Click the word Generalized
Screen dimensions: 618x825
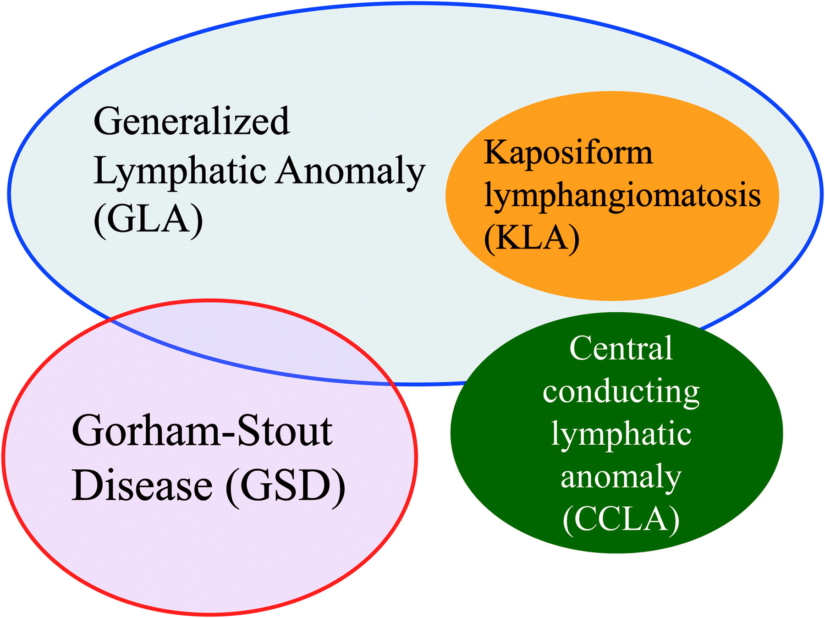(192, 121)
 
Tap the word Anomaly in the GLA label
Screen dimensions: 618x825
(351, 171)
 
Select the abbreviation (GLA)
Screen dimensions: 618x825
(148, 219)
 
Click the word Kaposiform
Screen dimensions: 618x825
(568, 153)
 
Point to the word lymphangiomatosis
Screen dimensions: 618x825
(622, 196)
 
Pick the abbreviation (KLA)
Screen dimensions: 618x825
(532, 238)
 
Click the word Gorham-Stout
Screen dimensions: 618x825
(202, 431)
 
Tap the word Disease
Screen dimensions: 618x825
(142, 486)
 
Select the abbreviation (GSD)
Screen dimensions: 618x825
(285, 486)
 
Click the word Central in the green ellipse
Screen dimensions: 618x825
(621, 348)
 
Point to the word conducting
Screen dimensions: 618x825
(621, 392)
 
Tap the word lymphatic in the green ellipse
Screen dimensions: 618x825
(621, 435)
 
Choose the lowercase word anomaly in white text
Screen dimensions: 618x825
(621, 477)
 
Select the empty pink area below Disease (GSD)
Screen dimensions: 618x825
(206, 559)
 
